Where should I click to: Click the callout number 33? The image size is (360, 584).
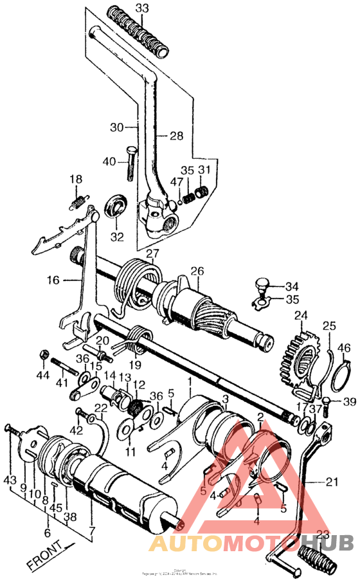point(141,8)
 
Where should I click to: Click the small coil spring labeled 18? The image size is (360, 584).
point(77,203)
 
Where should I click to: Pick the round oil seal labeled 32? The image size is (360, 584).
point(116,206)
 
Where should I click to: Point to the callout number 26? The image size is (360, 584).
point(196,270)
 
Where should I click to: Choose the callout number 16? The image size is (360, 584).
point(53,280)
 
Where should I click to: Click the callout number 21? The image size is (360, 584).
point(331,481)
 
